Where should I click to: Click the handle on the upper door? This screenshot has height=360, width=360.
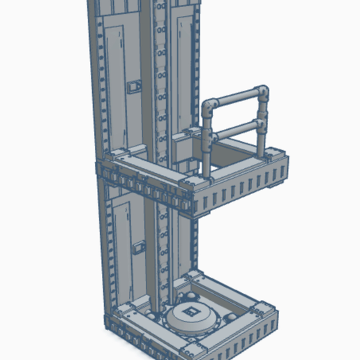pyautogui.click(x=135, y=87)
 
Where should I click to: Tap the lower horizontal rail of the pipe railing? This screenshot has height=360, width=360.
pyautogui.click(x=235, y=130)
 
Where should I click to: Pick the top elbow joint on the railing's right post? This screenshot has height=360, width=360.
pyautogui.click(x=261, y=91)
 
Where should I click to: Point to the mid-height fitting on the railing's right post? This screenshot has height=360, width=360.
pyautogui.click(x=261, y=125)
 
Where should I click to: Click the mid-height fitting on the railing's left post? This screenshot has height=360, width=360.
pyautogui.click(x=209, y=136)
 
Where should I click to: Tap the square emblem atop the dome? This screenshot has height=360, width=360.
pyautogui.click(x=191, y=310)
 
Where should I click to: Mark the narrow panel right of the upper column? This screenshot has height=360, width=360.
pyautogui.click(x=183, y=70)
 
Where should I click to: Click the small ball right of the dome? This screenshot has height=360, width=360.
pyautogui.click(x=225, y=321)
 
